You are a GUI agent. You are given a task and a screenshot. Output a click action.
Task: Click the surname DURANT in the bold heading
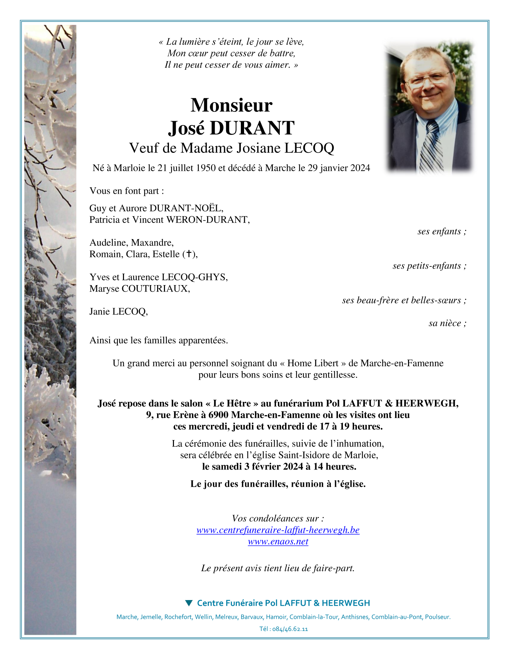[252, 128]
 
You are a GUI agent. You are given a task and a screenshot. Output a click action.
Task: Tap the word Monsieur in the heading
[231, 105]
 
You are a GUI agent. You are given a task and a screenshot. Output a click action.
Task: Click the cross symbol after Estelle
[189, 254]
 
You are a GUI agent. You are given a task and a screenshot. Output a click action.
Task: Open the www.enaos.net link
[278, 541]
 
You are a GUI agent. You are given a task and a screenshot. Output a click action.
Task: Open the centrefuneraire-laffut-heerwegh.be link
[278, 530]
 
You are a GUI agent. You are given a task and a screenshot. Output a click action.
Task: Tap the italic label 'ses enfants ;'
[442, 232]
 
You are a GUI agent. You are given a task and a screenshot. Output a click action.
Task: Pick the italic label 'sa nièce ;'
[447, 323]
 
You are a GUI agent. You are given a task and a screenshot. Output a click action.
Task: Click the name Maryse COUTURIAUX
[139, 289]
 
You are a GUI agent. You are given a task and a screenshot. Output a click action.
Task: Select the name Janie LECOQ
[118, 312]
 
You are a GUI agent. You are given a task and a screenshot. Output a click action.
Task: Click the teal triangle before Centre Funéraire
[189, 603]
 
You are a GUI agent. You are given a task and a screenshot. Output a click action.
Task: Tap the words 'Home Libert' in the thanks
[313, 363]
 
